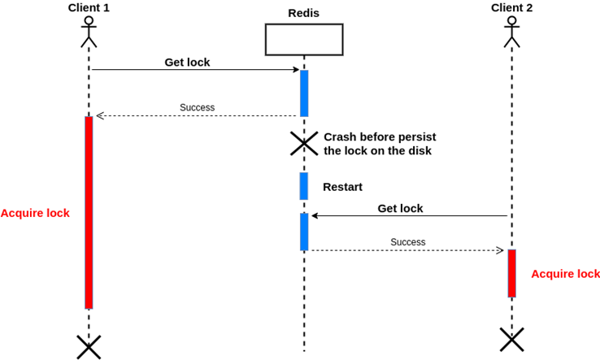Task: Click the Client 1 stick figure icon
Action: coord(89,33)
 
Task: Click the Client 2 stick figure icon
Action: coord(511,33)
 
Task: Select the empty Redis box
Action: coord(304,40)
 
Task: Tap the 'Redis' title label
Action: coord(303,13)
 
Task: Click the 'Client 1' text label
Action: coord(89,7)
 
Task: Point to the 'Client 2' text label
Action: coord(511,7)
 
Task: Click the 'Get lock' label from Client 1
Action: coord(187,63)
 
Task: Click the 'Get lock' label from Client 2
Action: coord(400,209)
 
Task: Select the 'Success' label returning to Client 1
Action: coord(197,107)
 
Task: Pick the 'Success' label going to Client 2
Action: coord(408,242)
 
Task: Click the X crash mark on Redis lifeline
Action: coord(304,144)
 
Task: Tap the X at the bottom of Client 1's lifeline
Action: coord(89,347)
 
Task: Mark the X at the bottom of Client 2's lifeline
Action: coord(511,340)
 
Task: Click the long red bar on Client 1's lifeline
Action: coord(89,213)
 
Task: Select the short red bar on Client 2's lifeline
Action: coord(511,273)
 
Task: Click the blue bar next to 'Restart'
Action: coord(304,186)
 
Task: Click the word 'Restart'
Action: coord(342,187)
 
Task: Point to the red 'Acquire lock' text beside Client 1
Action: coord(35,213)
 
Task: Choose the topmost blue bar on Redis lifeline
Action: coord(304,93)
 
